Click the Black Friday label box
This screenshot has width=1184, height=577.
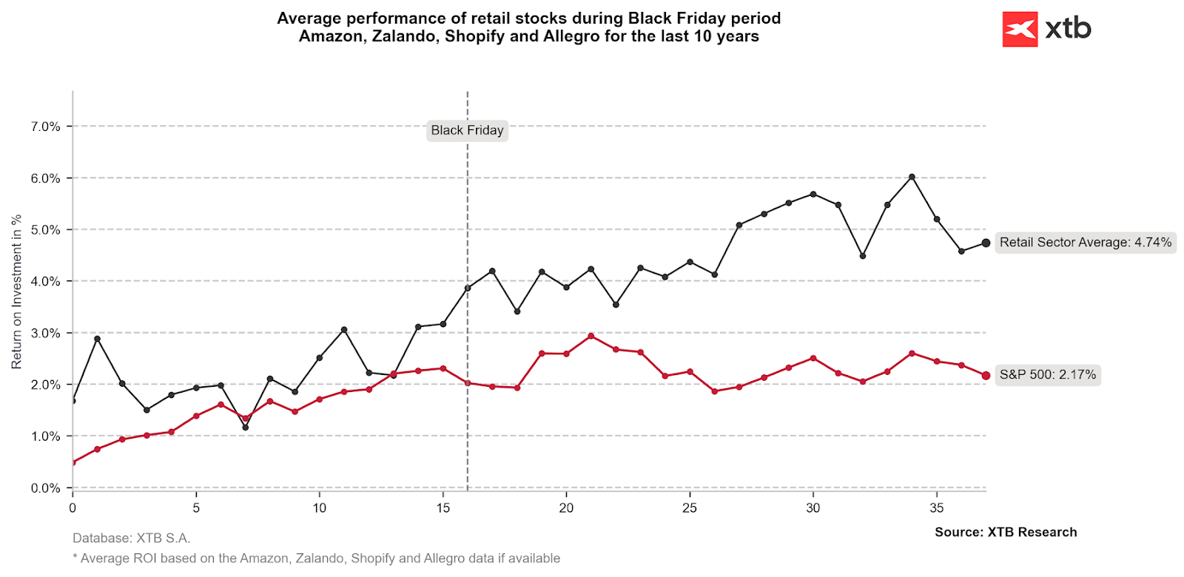click(467, 130)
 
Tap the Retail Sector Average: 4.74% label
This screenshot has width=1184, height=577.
click(1085, 243)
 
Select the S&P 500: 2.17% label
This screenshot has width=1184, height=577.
click(1047, 374)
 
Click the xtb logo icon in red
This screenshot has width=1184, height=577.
click(1020, 30)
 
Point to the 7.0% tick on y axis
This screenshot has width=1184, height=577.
click(45, 126)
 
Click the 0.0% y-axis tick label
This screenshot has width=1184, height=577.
click(45, 488)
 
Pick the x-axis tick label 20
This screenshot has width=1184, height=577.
click(566, 507)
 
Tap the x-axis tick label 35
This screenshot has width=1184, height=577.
click(937, 507)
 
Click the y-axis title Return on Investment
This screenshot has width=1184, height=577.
click(16, 291)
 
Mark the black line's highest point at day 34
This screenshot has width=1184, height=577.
click(912, 177)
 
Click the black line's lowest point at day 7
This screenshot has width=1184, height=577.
click(246, 427)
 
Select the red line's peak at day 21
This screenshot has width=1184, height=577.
click(591, 336)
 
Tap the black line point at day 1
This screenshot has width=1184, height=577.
click(97, 339)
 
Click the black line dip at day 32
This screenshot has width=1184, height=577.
click(863, 256)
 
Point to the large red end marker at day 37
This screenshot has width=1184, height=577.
click(986, 376)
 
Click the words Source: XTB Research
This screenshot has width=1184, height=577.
click(1005, 532)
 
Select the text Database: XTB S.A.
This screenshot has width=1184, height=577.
click(131, 538)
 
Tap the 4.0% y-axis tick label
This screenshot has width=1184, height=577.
click(45, 281)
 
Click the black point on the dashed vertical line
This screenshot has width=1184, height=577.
click(468, 288)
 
